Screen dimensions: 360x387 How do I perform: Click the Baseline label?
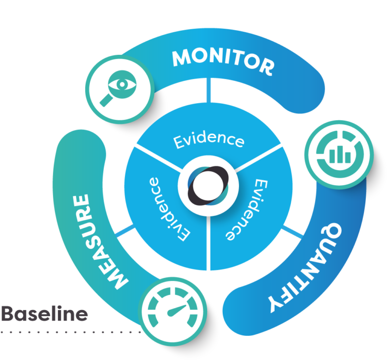[44, 314]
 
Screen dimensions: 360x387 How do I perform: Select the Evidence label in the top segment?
[209, 140]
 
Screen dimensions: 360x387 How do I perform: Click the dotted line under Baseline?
[71, 332]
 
